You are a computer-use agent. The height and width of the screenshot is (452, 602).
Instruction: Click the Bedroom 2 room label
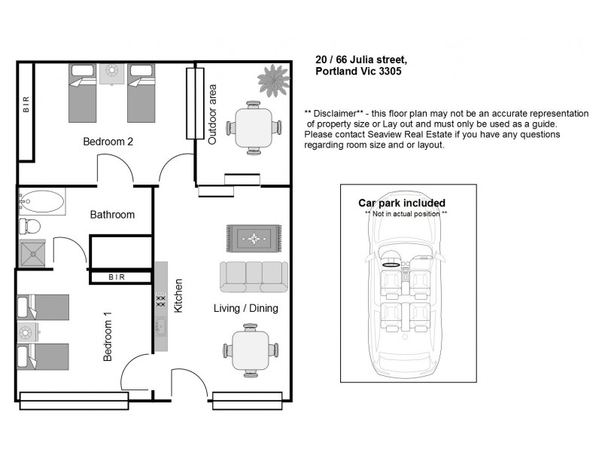point(108,141)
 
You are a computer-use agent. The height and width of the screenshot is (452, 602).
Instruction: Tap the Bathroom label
point(112,215)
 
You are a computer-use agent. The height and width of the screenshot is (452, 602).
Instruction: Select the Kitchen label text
point(178,296)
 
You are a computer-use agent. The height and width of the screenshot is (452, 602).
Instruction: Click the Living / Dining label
point(246,308)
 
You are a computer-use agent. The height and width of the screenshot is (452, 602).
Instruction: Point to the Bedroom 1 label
point(108,336)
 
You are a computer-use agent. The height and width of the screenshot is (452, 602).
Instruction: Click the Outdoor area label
point(212,115)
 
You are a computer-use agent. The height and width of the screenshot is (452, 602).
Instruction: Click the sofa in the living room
point(254,276)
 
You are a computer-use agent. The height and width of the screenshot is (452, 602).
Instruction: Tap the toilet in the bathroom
point(30,225)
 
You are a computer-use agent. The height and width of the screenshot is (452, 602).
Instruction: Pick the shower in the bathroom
point(33,252)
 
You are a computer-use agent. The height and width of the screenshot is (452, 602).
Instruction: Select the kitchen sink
point(160,326)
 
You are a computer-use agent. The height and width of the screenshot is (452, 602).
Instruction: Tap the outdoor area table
point(254,127)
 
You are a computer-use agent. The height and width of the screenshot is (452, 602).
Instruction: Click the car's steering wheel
point(392,264)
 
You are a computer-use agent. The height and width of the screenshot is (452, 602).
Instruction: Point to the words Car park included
point(401,203)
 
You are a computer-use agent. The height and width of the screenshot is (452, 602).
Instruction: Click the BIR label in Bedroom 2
point(26,107)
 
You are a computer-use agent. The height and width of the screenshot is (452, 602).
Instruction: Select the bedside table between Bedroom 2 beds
point(113,73)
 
